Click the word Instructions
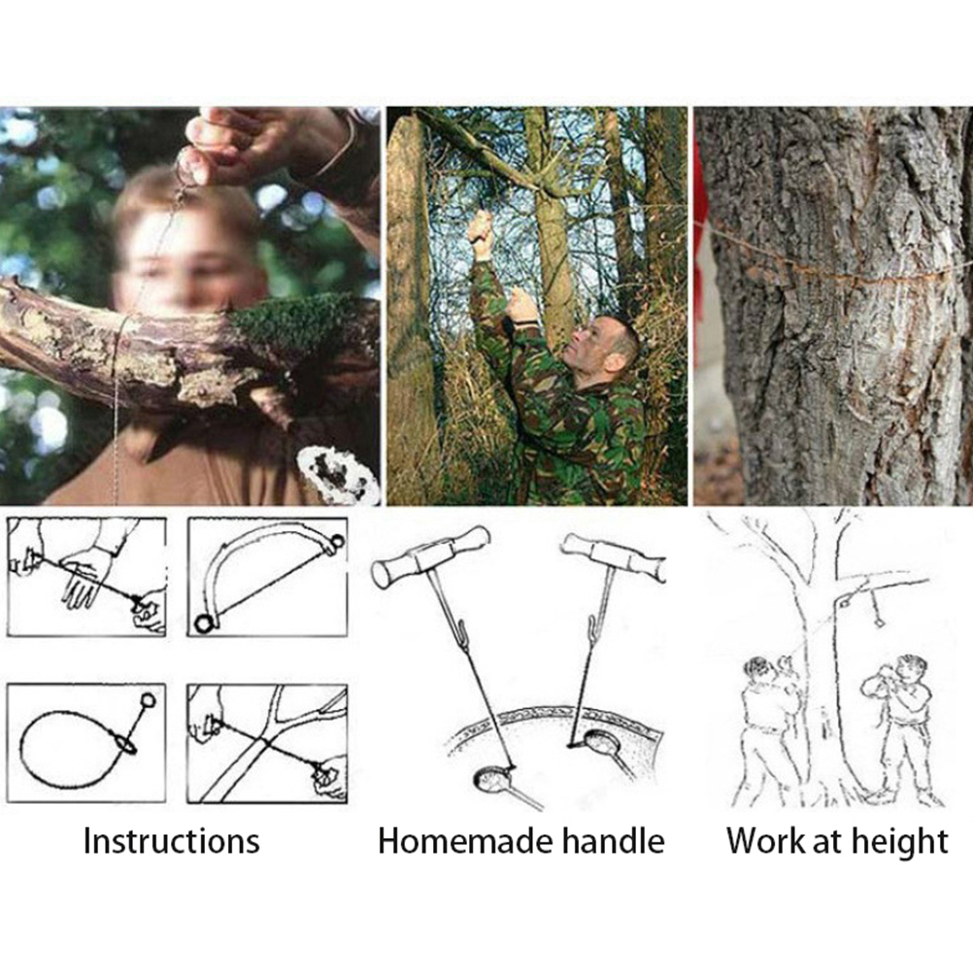(x=171, y=842)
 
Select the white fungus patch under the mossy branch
(x=338, y=475)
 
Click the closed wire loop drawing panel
(x=86, y=743)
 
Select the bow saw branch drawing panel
(x=267, y=577)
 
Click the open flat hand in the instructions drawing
(x=86, y=576)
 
